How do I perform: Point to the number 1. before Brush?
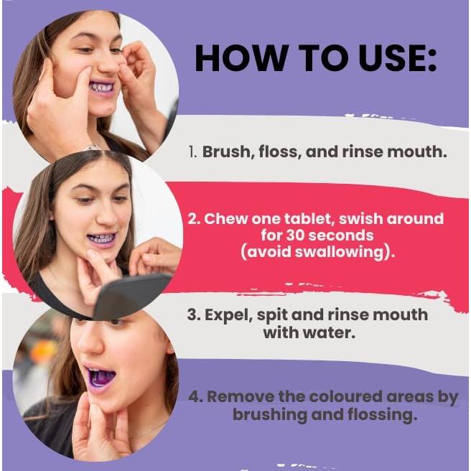click(x=193, y=152)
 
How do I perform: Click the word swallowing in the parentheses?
click(x=340, y=252)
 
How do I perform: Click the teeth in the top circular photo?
click(x=102, y=88)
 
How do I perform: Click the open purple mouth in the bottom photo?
click(x=100, y=378)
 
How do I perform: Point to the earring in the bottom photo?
click(x=171, y=349)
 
